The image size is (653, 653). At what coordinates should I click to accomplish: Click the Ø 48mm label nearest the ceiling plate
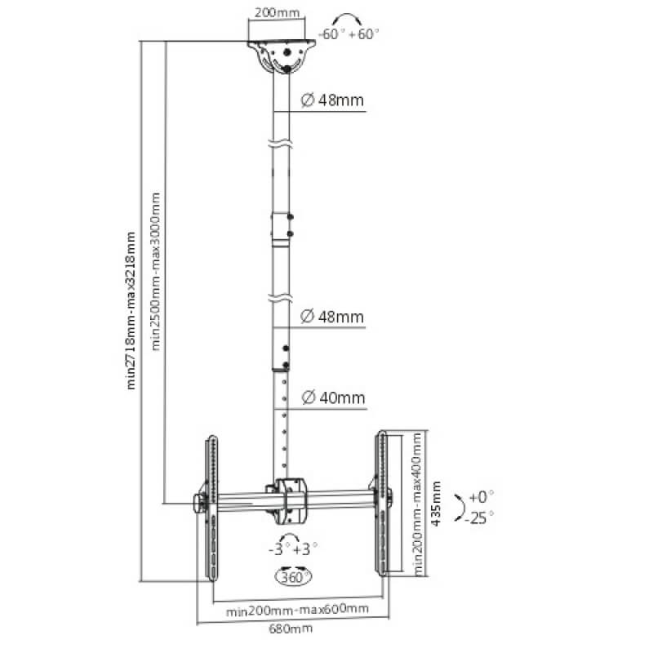(x=332, y=101)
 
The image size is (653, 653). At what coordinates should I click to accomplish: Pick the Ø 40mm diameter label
(x=332, y=398)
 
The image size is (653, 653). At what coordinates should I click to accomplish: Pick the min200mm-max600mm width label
(x=297, y=609)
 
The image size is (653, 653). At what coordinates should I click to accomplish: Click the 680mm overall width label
(x=293, y=629)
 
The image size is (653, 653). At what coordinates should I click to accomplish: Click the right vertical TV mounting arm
(x=380, y=506)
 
